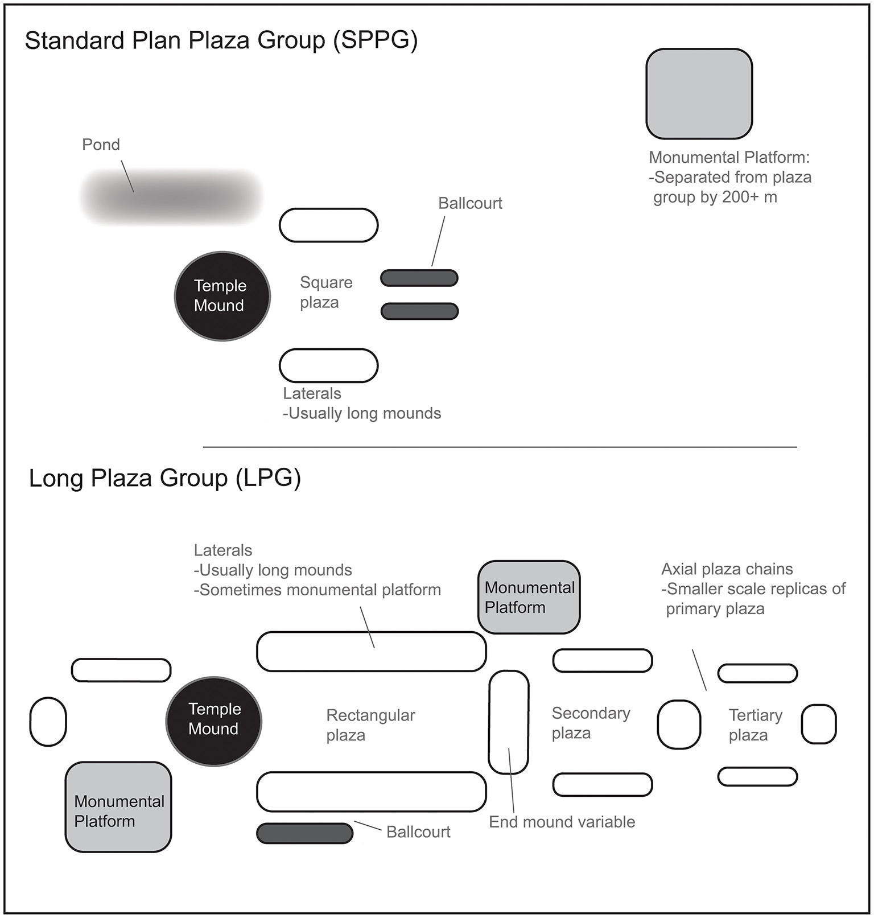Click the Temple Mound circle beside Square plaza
[x=222, y=296]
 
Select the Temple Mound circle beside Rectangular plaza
[x=214, y=721]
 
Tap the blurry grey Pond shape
[x=171, y=196]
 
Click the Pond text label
[x=101, y=145]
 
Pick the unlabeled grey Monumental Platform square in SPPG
[x=699, y=94]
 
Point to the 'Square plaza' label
[x=325, y=292]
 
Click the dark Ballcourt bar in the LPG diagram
[x=304, y=833]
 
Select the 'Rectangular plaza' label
[x=370, y=725]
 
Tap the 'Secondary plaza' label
[x=591, y=723]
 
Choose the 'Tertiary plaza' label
[x=755, y=725]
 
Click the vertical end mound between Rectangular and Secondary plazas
[x=509, y=722]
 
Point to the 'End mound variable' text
[x=562, y=822]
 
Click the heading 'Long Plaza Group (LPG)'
[x=164, y=477]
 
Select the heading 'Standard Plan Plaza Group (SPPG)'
[x=221, y=40]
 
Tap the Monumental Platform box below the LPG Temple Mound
[x=118, y=807]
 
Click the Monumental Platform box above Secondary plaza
[x=529, y=597]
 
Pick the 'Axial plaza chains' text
[x=727, y=569]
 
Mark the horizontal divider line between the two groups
[x=500, y=447]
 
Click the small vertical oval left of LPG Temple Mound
[x=48, y=722]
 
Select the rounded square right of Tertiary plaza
[x=818, y=724]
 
